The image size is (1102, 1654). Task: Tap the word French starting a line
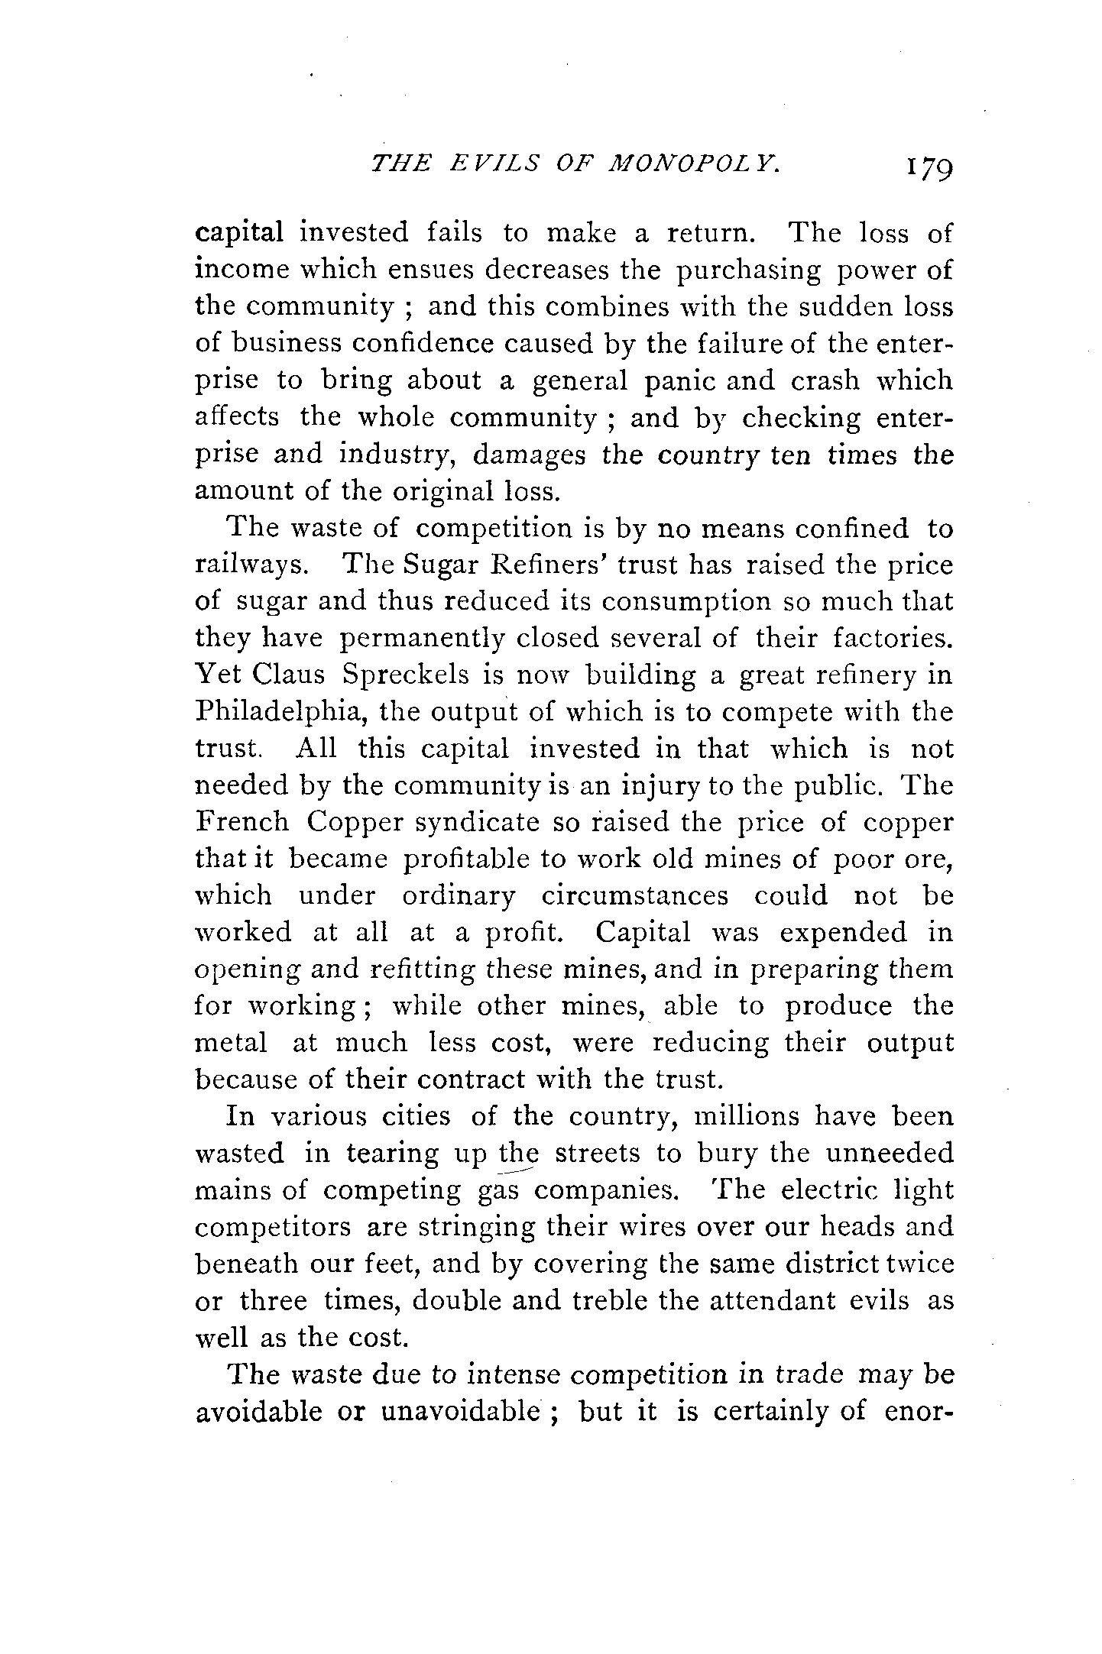pyautogui.click(x=242, y=822)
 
